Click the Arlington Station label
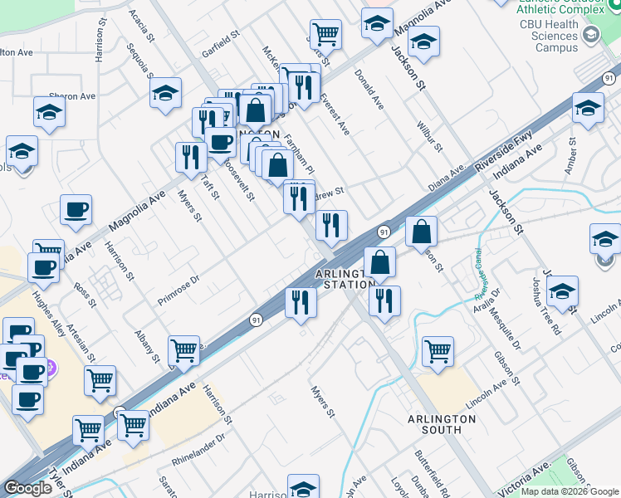340,278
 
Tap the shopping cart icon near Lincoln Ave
437,350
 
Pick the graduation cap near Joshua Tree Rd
562,290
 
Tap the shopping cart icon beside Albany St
183,350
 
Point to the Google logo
27,488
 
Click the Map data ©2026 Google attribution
570,491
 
